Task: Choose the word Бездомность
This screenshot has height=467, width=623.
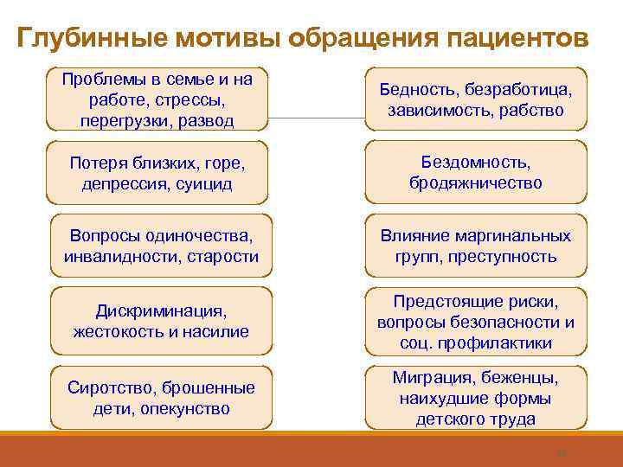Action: [475, 163]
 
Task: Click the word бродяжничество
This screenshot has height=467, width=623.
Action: [475, 183]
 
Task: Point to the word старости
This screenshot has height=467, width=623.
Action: [224, 256]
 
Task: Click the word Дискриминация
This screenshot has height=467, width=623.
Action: [160, 310]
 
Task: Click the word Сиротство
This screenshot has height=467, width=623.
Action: [107, 387]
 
